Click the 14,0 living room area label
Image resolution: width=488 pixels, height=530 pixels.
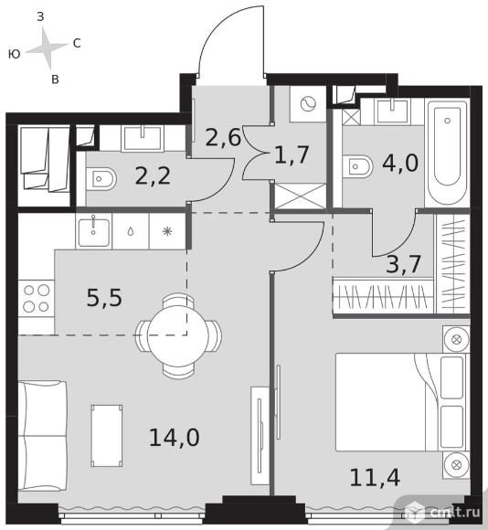point(175,437)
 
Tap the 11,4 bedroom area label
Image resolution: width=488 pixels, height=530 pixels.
point(375,477)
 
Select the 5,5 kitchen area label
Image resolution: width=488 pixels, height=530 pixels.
point(104,298)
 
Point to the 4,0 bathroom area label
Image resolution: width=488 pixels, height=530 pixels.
point(400,163)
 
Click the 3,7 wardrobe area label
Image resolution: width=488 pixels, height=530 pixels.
point(403,264)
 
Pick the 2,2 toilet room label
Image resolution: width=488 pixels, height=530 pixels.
point(153,175)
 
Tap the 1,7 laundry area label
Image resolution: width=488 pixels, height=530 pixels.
point(292,154)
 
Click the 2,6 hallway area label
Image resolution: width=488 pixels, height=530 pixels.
point(223,137)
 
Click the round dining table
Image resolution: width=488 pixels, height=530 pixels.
point(178,335)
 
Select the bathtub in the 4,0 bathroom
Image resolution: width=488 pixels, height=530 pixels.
point(448,152)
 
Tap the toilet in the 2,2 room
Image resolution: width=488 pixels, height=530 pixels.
point(101,178)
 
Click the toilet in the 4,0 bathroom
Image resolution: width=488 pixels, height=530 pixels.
point(357,166)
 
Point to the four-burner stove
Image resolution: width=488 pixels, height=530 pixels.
point(37,299)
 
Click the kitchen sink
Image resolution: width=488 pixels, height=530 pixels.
point(93,232)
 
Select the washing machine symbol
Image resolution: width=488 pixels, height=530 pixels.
point(308,103)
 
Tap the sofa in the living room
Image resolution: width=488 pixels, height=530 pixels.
point(42,435)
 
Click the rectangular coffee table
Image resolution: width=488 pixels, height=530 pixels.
point(107,436)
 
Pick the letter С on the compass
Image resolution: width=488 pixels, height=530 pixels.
point(77,43)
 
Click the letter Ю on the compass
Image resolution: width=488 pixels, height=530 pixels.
point(15,54)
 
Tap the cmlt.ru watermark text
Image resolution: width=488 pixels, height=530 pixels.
point(455,513)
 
